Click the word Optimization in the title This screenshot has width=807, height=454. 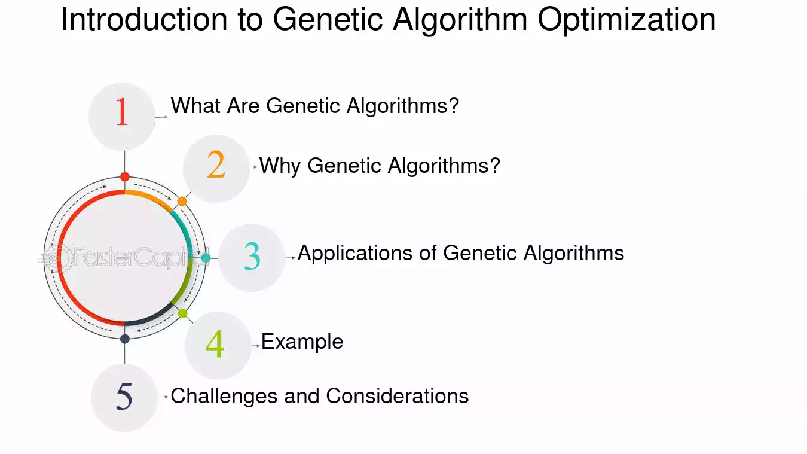coord(626,20)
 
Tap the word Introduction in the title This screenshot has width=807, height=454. coord(144,19)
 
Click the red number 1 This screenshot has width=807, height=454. coord(122,112)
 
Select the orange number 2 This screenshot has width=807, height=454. coord(216,164)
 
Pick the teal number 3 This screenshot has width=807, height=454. coord(252,256)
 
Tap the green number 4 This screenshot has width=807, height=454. coord(215,344)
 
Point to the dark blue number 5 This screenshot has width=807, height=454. coord(124,397)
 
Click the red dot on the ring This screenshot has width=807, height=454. coord(125,176)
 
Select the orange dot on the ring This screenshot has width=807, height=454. coord(182,201)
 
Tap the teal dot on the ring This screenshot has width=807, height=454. coord(206,258)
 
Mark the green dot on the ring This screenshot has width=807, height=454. coord(183,313)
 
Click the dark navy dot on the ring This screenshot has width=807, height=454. coord(125,339)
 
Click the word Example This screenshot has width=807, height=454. coord(302,342)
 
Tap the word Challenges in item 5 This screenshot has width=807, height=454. coord(224,396)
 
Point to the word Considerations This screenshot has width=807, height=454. coord(398,396)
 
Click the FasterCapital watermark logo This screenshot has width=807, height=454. coord(123,257)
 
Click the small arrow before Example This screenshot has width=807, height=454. coord(256,346)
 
